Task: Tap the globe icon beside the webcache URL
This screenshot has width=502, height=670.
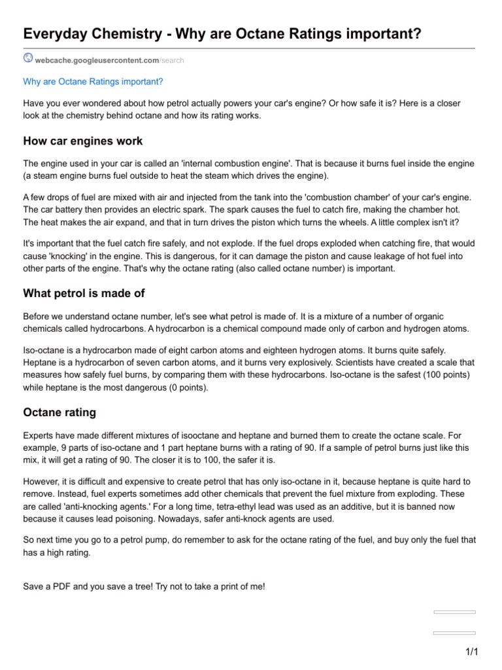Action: click(27, 59)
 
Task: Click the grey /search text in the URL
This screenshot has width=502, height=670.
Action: click(172, 60)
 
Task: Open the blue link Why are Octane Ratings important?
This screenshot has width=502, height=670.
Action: click(93, 82)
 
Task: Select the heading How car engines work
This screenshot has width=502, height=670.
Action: click(83, 141)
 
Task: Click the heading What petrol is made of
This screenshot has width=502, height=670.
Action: click(84, 292)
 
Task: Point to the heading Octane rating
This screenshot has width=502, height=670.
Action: click(59, 412)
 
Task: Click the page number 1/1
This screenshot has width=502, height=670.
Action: click(472, 652)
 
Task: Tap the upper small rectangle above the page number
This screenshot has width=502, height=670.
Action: click(454, 612)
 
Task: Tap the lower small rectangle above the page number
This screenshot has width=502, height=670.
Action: click(454, 633)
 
